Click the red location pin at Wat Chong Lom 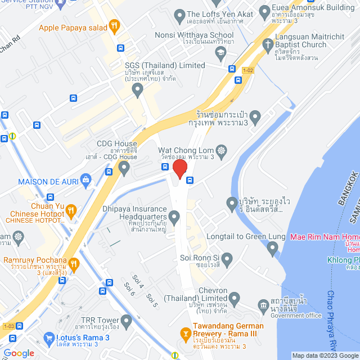tap(179, 168)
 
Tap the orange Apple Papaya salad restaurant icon tap(115, 25)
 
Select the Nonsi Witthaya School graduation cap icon tap(220, 52)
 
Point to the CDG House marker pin tap(124, 167)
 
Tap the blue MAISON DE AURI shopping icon tap(85, 181)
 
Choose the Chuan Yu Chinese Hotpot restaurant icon tap(71, 211)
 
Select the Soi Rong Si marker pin tap(227, 259)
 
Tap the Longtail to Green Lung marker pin tap(273, 247)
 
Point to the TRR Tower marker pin tap(126, 321)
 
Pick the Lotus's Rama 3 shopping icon tap(49, 338)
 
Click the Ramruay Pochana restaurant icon tap(73, 263)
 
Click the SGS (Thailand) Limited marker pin tap(133, 89)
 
